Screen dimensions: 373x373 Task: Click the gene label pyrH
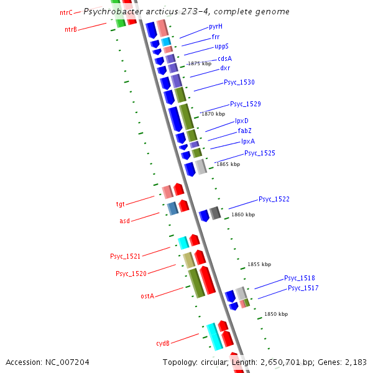click(x=216, y=27)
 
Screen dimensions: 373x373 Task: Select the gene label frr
click(x=215, y=37)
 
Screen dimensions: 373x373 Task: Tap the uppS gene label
click(x=221, y=47)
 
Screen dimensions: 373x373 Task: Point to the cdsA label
click(x=224, y=58)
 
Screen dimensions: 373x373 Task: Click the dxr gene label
click(x=225, y=68)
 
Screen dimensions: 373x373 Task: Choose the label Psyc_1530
click(x=239, y=83)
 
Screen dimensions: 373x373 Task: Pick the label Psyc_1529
click(x=245, y=104)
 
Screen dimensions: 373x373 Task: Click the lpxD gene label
click(x=242, y=121)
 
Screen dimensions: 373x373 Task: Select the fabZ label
click(x=244, y=131)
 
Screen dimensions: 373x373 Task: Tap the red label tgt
click(x=121, y=204)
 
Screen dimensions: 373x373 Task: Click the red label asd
click(x=124, y=221)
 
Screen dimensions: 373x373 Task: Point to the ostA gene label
click(x=147, y=296)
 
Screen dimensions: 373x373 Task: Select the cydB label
click(x=162, y=343)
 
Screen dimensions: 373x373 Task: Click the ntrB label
click(x=71, y=30)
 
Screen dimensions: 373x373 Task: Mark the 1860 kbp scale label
click(x=243, y=214)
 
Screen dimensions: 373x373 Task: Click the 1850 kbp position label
click(x=276, y=314)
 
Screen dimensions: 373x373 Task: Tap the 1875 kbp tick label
click(x=199, y=63)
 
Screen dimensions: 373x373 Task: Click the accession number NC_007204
click(x=67, y=362)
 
